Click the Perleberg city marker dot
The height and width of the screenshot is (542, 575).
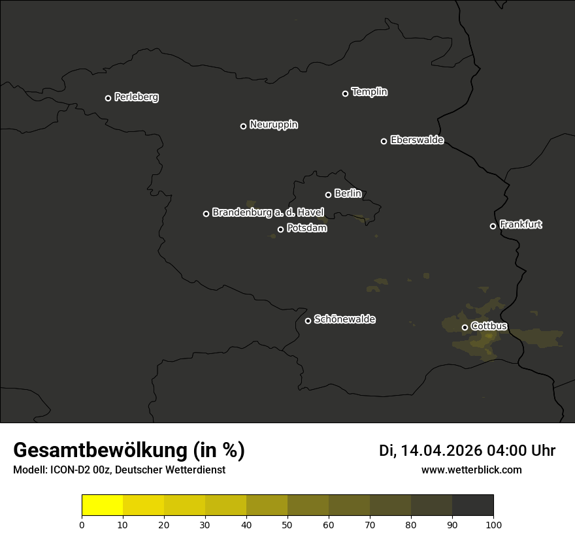pos(108,98)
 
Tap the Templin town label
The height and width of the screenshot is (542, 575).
pos(369,92)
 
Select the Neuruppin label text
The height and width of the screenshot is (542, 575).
pos(273,125)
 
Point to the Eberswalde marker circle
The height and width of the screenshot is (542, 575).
pos(384,141)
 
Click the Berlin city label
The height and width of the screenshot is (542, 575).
pos(348,193)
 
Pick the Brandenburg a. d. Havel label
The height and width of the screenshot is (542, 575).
pos(268,213)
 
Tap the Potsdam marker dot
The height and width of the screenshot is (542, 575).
pos(280,229)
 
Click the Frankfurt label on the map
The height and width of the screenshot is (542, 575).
pos(521,225)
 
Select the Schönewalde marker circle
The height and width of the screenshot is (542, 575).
pos(308,321)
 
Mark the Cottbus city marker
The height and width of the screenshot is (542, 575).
pos(465,327)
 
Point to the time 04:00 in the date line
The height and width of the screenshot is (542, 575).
pos(500,451)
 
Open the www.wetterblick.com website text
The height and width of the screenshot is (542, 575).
pos(471,470)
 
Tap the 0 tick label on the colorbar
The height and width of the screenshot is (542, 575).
pos(82,525)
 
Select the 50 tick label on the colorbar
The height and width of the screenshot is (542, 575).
pos(287,525)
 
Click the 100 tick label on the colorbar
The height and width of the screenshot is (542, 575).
pos(493,525)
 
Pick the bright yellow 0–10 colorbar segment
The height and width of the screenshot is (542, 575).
pos(103,505)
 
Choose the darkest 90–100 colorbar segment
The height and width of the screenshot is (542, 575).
pos(472,505)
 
